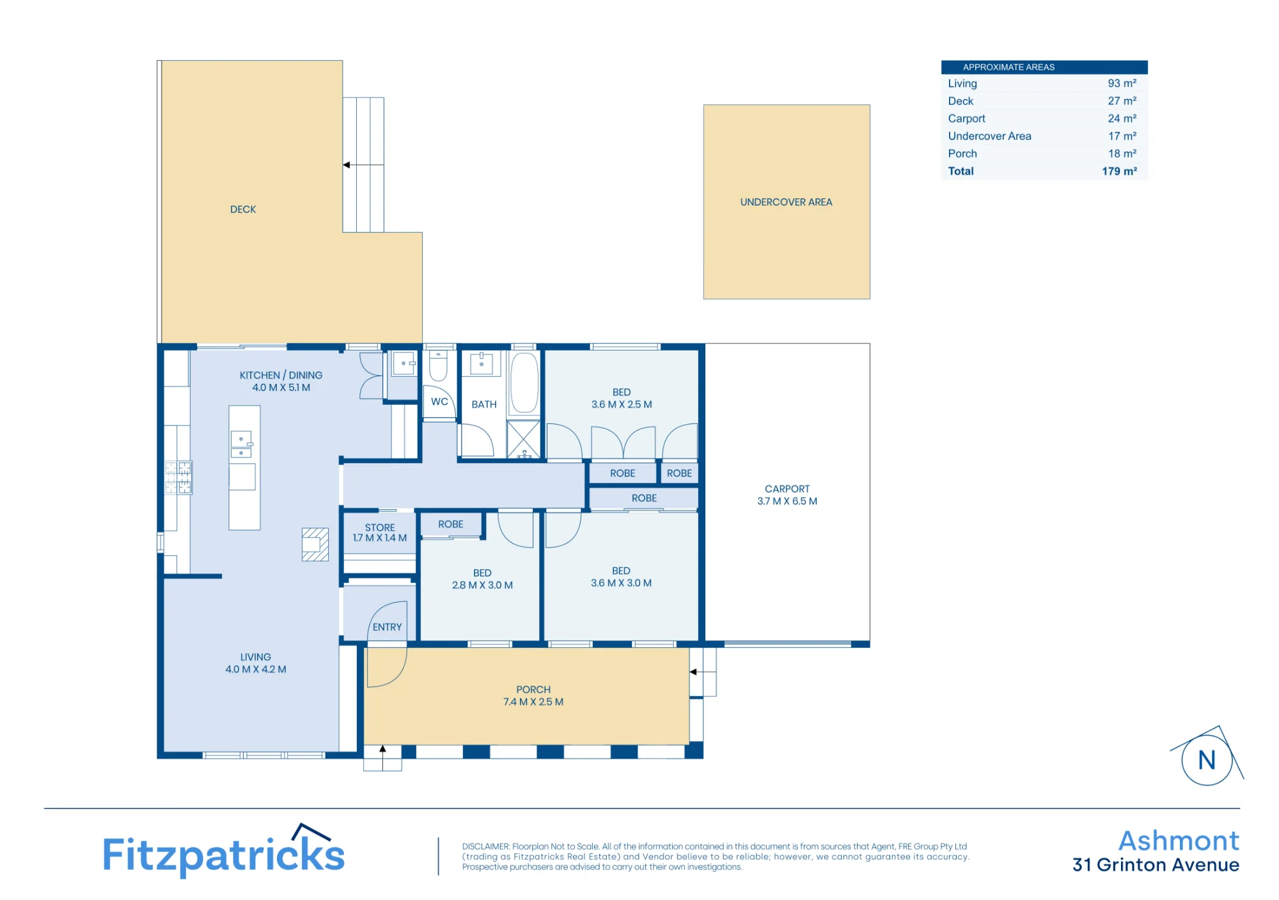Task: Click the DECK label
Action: [243, 210]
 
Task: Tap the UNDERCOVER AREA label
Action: [786, 202]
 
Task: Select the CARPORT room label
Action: [787, 489]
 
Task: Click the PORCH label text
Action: [533, 690]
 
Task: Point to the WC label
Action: [439, 402]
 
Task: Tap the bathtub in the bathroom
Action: [524, 383]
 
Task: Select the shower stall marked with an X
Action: [524, 439]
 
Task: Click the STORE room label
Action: [380, 528]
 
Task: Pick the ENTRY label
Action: [388, 628]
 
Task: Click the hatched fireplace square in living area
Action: [315, 544]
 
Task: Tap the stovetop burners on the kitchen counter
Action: [178, 478]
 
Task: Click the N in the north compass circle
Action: [1207, 761]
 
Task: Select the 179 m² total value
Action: [1119, 171]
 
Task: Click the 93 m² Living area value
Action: [1122, 84]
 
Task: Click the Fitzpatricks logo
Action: [224, 851]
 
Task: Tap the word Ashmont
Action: [1179, 841]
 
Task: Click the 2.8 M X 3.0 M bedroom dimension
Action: [482, 585]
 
